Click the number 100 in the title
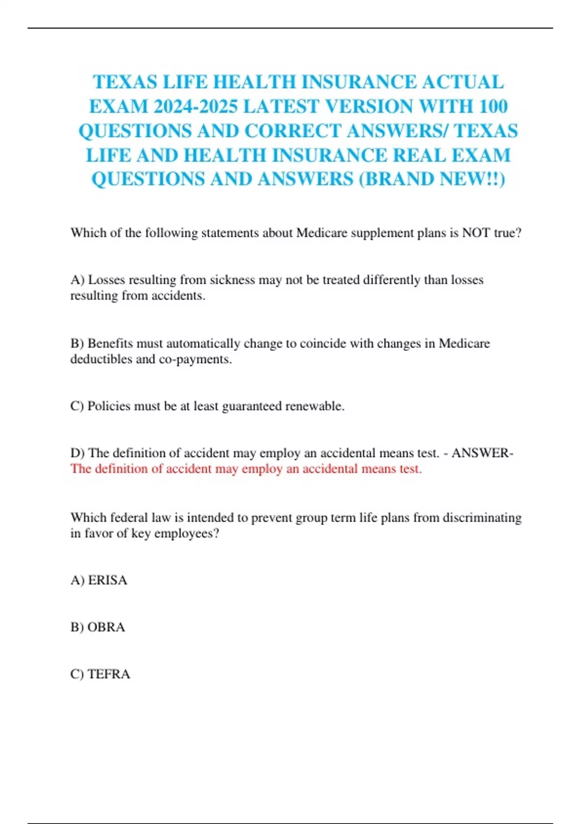(x=492, y=106)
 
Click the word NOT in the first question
(x=476, y=233)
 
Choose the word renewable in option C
(x=314, y=406)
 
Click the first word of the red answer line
(x=81, y=469)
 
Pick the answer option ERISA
(x=107, y=580)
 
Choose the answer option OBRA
(x=106, y=627)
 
